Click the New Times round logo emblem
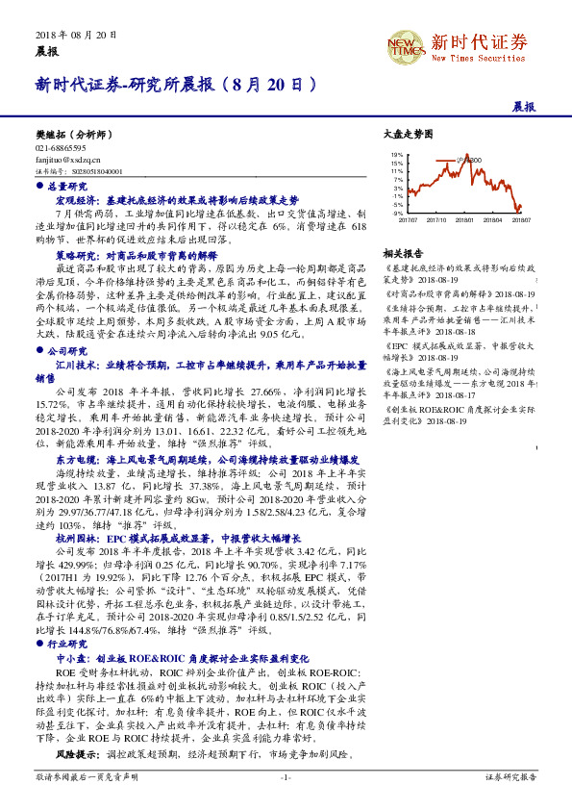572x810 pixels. (403, 44)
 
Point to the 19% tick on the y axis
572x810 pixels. (397, 154)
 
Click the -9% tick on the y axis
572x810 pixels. (397, 213)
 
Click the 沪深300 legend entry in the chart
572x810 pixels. (469, 160)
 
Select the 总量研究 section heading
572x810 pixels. (66, 186)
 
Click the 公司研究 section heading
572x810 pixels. (66, 352)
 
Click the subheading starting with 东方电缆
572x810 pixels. (208, 461)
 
